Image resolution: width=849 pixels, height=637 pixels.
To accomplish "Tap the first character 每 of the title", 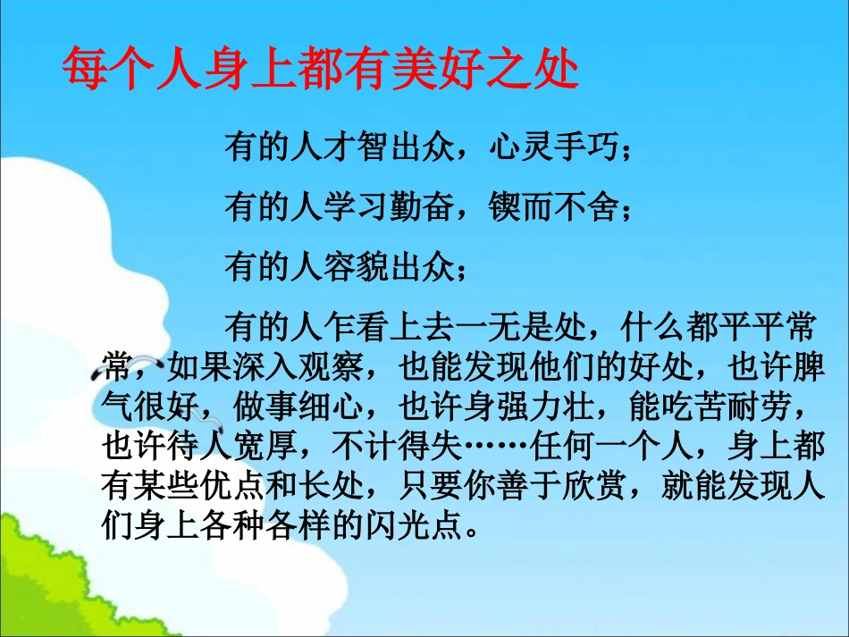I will [85, 69].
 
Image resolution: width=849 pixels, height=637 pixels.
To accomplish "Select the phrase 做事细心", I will [298, 407].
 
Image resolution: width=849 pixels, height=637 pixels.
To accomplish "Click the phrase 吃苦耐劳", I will [727, 407].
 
